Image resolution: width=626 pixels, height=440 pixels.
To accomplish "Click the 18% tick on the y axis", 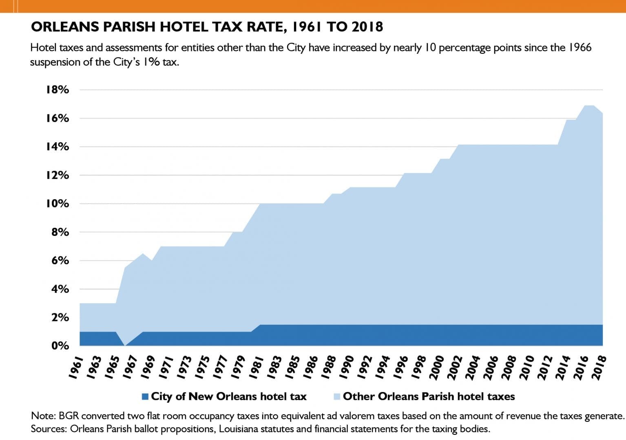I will tap(58, 90).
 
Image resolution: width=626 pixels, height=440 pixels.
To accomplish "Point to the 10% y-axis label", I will tap(58, 203).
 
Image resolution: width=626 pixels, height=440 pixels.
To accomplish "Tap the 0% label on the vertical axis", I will tap(60, 346).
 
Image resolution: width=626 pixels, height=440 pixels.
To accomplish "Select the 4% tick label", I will tap(60, 289).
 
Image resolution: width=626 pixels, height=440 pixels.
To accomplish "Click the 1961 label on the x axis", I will tap(76, 367).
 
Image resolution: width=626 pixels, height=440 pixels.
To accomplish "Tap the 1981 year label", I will tap(257, 367).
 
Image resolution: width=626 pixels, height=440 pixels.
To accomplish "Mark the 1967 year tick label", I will tap(131, 367).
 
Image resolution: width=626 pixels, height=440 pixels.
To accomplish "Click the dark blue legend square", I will tap(145, 396).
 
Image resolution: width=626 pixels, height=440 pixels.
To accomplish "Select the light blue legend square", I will tap(337, 396).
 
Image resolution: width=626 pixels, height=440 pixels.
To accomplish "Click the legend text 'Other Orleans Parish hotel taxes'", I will tap(429, 396).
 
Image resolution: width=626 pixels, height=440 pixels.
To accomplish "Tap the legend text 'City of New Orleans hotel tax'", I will tap(228, 396).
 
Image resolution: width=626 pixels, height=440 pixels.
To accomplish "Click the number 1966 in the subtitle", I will tap(580, 48).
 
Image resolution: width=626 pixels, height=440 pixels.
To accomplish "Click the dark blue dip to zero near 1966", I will tap(125, 345).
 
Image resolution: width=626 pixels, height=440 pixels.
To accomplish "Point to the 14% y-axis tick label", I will tap(58, 147).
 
